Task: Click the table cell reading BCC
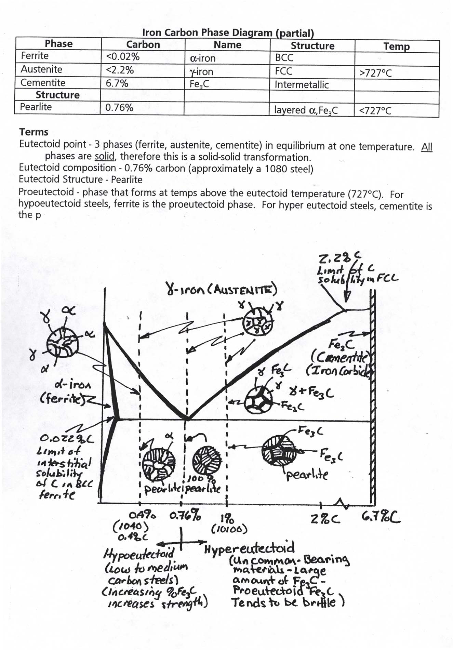(x=284, y=58)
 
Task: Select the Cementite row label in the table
(x=43, y=83)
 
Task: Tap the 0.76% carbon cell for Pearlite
(x=119, y=108)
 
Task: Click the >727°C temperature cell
(x=375, y=73)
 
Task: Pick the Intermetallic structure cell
(x=302, y=85)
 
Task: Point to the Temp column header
(x=396, y=46)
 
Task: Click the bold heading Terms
(x=34, y=132)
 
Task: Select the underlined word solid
(x=104, y=157)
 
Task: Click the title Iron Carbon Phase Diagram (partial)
(x=228, y=33)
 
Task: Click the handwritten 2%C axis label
(x=325, y=519)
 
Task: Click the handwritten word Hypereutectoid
(x=249, y=549)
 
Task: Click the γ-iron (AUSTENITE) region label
(x=221, y=290)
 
